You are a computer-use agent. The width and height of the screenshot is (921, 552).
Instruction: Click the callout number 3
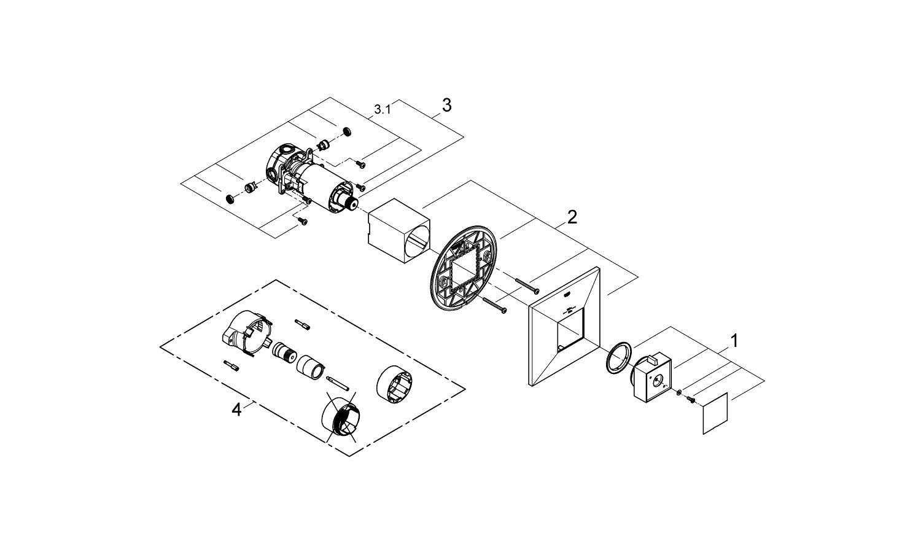446,106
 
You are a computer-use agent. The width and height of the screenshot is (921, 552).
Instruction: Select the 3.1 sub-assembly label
382,110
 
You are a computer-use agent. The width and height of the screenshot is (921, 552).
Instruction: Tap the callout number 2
572,217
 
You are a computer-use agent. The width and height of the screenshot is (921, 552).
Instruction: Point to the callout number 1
734,340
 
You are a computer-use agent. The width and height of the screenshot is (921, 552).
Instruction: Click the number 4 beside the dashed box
237,410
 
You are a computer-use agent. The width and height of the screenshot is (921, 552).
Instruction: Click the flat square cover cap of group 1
715,413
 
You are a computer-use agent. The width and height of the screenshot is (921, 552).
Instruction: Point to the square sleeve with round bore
398,230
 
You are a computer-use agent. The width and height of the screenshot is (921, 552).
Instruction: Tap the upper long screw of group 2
526,284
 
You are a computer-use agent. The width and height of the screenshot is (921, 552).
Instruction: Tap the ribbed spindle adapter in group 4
285,353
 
